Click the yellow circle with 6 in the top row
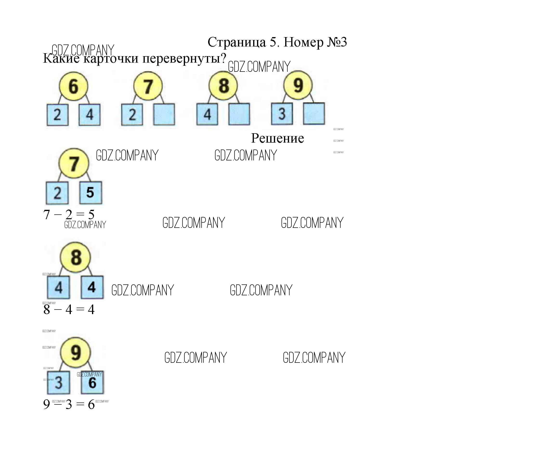[73, 86]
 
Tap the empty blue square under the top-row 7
[164, 114]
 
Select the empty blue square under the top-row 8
[239, 114]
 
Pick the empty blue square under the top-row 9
[314, 113]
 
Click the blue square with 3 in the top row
[282, 114]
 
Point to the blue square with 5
[91, 192]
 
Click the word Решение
[277, 138]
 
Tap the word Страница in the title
[237, 42]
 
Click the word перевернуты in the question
[184, 59]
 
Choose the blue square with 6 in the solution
[92, 383]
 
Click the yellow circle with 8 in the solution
[75, 258]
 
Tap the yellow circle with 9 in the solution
[75, 353]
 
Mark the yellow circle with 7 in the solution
[74, 163]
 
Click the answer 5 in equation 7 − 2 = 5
[91, 214]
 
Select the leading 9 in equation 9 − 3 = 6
[46, 404]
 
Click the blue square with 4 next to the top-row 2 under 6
[89, 115]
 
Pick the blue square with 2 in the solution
[57, 193]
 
